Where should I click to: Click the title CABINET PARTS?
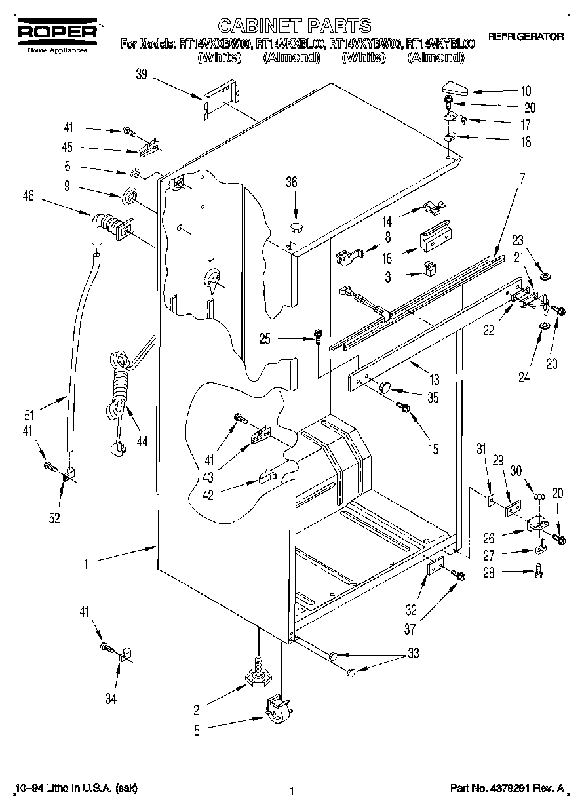(x=294, y=26)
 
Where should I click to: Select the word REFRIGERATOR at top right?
(x=526, y=37)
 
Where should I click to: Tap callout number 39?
(x=142, y=76)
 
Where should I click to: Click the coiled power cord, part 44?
(x=118, y=387)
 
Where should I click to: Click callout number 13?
(x=434, y=379)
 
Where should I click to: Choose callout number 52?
(x=54, y=518)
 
